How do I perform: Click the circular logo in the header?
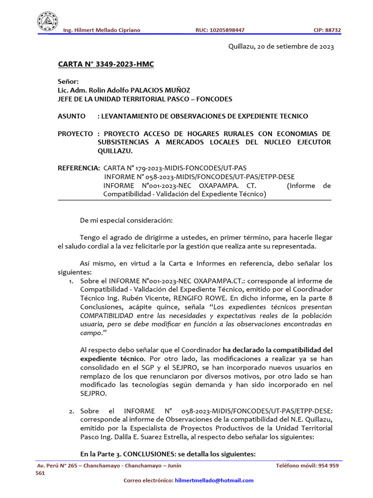coord(48,21)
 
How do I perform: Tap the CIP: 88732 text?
coord(327,30)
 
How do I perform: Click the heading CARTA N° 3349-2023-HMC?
coord(106,64)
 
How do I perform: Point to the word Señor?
coord(68,82)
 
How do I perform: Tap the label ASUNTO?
coord(71,116)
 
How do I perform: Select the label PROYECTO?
coord(75,133)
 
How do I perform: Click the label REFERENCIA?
coord(78,168)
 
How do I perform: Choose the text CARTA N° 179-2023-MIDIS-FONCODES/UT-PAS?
coord(175,168)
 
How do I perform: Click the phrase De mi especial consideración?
coord(126,220)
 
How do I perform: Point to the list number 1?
coord(71,282)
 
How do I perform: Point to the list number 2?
coord(71,411)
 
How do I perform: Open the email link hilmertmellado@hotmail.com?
coord(214,480)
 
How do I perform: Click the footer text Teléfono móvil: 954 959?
coord(307,465)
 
